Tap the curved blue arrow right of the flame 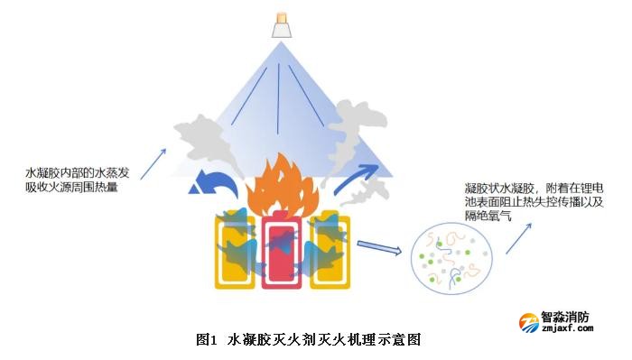tap(357, 176)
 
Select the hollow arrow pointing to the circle tap(379, 247)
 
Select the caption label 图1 tap(207, 340)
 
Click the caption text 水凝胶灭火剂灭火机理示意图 tap(325, 340)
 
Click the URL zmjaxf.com tap(567, 329)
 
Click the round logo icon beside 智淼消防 tap(528, 322)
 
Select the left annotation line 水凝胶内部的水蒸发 tap(82, 172)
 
